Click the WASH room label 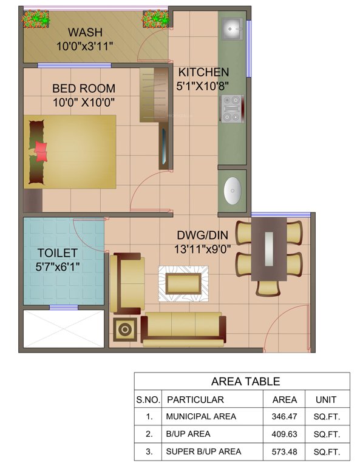click(x=85, y=32)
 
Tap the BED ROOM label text click(x=83, y=88)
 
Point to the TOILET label click(x=57, y=252)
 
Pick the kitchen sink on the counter click(x=231, y=28)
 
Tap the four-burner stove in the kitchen click(x=231, y=109)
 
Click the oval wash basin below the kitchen click(x=231, y=190)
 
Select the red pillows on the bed click(x=41, y=150)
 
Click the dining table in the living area click(x=269, y=249)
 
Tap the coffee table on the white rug click(x=183, y=283)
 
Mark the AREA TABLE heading click(x=245, y=382)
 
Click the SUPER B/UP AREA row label click(x=203, y=451)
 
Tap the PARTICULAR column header click(x=195, y=400)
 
